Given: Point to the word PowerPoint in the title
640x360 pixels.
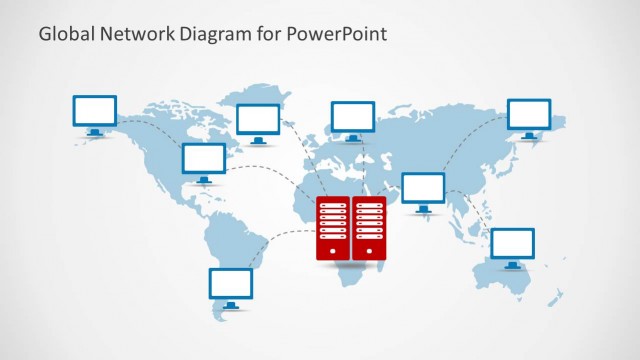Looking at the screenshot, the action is (x=339, y=33).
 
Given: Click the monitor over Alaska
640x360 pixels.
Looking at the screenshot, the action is (x=95, y=110).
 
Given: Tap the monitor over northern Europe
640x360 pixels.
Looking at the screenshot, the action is (x=353, y=116).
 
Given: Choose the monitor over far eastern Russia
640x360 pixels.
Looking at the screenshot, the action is (x=529, y=113).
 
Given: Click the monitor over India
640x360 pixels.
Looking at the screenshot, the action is (x=423, y=187).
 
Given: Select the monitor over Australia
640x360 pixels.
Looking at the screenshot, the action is (x=513, y=242).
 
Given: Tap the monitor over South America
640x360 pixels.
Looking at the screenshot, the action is (x=231, y=283).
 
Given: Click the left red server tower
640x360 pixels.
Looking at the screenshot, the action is (x=332, y=227).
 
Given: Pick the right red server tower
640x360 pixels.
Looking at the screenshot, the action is (x=369, y=227).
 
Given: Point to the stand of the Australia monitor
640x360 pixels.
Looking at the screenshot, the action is (x=513, y=264).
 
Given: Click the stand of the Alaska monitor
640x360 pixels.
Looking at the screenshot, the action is (x=95, y=131).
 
